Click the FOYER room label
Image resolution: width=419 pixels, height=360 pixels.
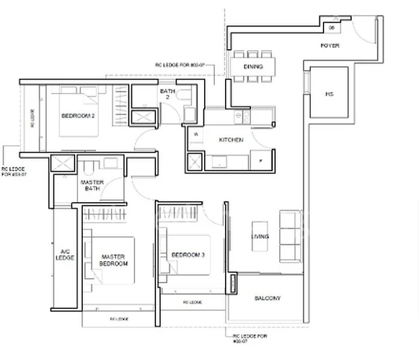pos(330,46)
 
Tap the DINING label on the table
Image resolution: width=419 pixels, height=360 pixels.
pos(253,67)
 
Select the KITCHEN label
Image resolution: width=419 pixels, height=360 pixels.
pos(231,140)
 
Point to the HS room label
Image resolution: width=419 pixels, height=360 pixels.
pos(329,94)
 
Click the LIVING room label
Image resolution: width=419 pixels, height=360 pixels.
pos(260,237)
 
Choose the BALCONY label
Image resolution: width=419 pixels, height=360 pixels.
pos(268,298)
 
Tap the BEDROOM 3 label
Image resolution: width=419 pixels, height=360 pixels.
pos(188,256)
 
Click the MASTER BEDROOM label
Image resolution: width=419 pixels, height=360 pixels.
pos(114,260)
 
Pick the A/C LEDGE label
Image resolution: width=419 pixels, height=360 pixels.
pos(67,254)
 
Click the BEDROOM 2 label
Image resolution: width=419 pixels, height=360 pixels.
pos(77,116)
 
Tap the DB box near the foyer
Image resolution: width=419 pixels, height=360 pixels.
pos(333,26)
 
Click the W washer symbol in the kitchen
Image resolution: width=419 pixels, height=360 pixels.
pos(196,134)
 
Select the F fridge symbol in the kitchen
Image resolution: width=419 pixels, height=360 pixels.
pos(261,160)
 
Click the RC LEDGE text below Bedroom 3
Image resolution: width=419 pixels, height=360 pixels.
pos(193,302)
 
